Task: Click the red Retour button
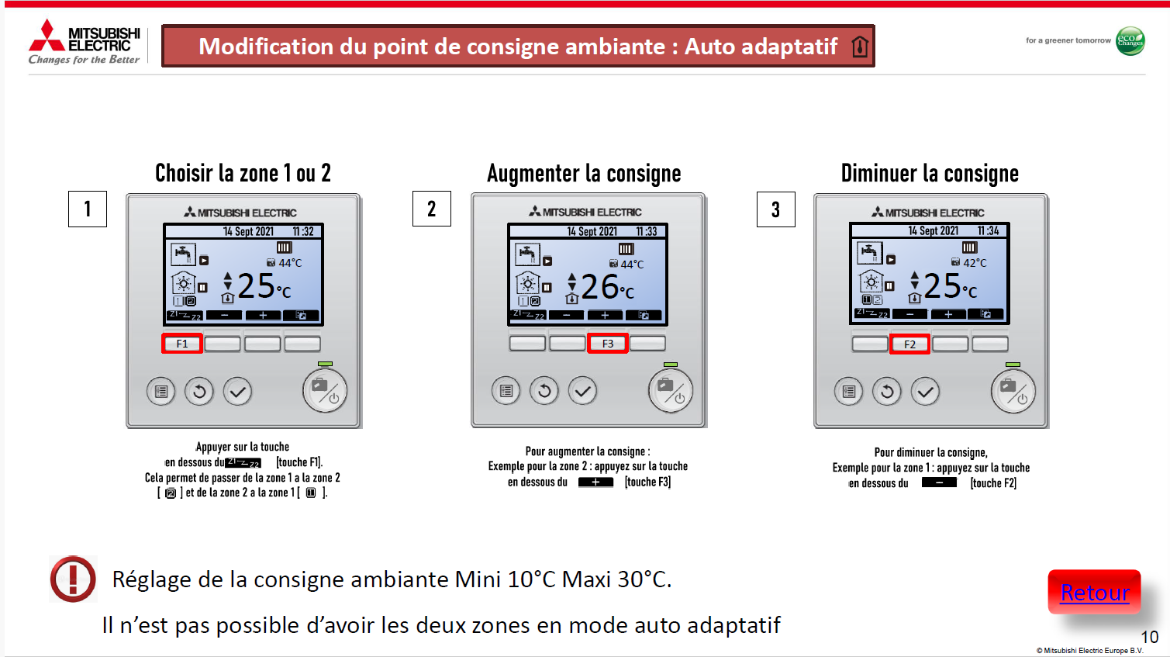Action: (1094, 592)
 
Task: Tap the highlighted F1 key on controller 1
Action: (181, 344)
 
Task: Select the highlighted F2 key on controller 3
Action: (909, 344)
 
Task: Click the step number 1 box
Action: (88, 209)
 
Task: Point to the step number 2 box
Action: (431, 209)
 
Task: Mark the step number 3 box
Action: (775, 209)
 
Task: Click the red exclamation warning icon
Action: (73, 579)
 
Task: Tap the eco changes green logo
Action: (1130, 41)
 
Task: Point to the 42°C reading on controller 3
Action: (975, 263)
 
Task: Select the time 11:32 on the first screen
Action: (303, 232)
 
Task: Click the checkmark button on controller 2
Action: (583, 390)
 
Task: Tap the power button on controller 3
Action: (1013, 392)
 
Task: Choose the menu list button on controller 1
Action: (160, 391)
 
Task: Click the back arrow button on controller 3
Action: (887, 392)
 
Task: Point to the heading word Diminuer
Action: (877, 173)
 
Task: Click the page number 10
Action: (1150, 637)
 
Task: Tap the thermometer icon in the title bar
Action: (860, 47)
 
